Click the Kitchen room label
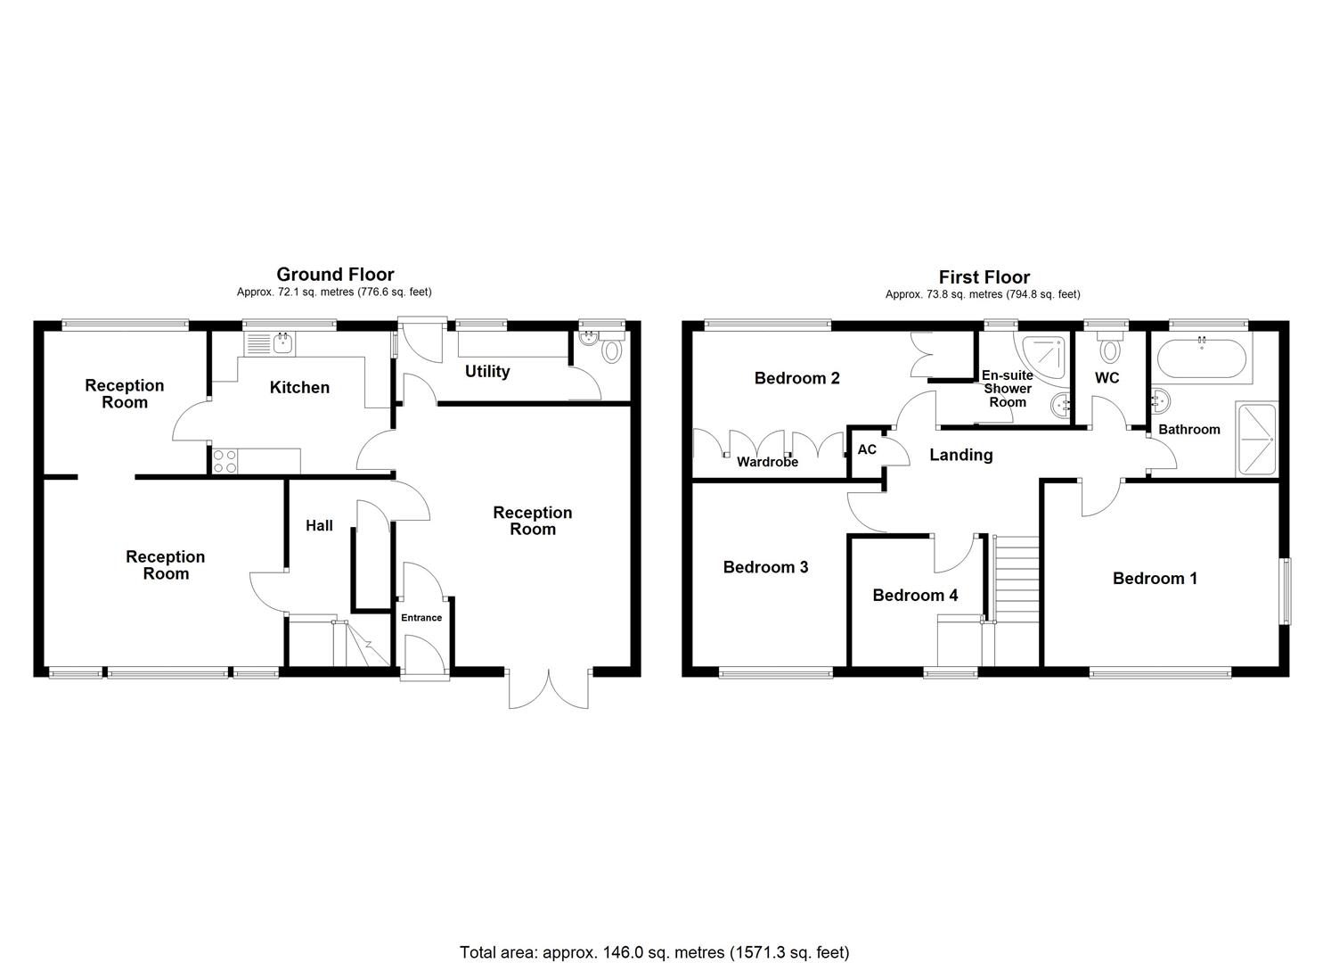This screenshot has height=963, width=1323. [299, 387]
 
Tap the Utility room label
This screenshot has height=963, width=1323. [487, 371]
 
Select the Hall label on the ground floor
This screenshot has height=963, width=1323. [319, 525]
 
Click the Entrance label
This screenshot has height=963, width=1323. [421, 618]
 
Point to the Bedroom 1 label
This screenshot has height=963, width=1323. [1155, 579]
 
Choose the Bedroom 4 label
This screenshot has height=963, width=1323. [915, 595]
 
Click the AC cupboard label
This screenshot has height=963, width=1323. [867, 449]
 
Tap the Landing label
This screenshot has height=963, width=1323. [960, 455]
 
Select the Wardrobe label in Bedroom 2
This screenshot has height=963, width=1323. [767, 462]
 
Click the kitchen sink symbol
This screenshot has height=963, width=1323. [272, 343]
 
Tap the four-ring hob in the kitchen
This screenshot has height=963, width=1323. [225, 460]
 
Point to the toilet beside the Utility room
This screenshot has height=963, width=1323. [610, 349]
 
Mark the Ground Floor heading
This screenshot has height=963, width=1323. [335, 275]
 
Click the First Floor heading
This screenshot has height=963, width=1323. [984, 277]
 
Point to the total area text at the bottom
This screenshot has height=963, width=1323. [654, 952]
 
